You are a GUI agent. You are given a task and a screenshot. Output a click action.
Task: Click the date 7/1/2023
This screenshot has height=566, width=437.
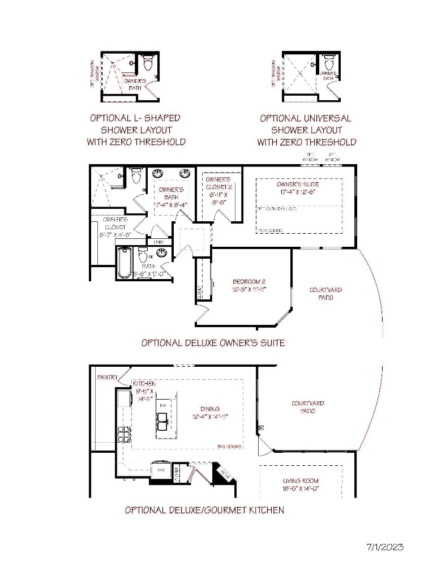(x=385, y=547)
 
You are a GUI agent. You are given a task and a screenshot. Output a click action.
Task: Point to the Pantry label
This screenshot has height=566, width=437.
(x=107, y=376)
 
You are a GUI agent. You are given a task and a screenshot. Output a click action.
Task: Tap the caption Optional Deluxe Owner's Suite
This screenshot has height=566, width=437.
(x=213, y=342)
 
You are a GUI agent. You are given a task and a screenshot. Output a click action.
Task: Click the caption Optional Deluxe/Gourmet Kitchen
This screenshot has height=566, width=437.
(x=204, y=510)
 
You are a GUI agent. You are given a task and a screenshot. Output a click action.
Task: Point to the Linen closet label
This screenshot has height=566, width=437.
(x=159, y=242)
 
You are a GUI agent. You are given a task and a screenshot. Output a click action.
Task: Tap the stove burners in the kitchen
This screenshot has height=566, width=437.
(x=124, y=435)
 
